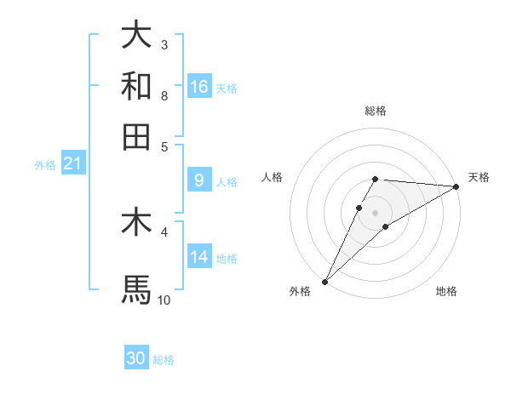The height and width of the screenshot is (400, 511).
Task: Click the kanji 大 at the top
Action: [x=136, y=36]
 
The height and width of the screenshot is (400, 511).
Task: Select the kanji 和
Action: [x=136, y=86]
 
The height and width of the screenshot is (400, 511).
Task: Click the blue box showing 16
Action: [x=199, y=87]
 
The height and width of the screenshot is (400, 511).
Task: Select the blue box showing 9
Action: [x=199, y=180]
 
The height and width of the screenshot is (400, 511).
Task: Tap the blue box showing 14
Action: [x=199, y=257]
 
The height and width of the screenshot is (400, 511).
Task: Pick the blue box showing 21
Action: [x=72, y=164]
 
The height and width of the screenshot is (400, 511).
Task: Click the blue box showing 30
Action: [x=136, y=359]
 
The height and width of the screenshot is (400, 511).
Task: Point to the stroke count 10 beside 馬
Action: [x=164, y=300]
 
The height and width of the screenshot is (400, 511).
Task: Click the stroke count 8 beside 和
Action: [x=164, y=96]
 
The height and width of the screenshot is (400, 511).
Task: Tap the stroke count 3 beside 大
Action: [x=164, y=44]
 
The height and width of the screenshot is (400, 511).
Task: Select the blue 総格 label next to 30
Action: [x=164, y=361]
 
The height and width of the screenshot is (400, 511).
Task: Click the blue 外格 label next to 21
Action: [x=44, y=165]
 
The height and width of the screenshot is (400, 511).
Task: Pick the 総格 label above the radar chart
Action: [x=376, y=111]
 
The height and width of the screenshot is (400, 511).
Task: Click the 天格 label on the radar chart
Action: [x=479, y=177]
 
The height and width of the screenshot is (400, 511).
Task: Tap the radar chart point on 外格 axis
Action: [x=324, y=281]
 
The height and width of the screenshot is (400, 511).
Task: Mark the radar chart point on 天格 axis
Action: [x=456, y=186]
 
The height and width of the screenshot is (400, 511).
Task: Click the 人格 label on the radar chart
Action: [x=273, y=177]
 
